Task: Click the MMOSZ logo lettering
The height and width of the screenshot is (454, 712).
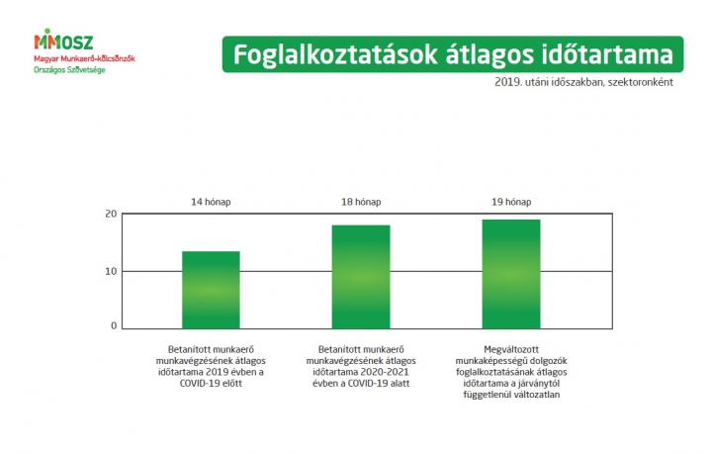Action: [x=63, y=40]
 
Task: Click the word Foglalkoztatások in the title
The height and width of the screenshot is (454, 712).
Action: [x=335, y=55]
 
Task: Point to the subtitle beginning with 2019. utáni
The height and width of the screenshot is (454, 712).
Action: [x=584, y=82]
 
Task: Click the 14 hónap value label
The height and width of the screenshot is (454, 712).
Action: [x=211, y=202]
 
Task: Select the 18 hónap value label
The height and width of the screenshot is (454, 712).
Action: [x=361, y=202]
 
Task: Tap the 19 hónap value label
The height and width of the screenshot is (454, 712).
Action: [x=511, y=202]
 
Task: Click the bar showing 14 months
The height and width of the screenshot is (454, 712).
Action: [x=211, y=290]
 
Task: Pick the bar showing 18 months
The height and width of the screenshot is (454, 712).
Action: [x=361, y=277]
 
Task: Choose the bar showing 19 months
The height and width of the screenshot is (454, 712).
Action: [x=511, y=274]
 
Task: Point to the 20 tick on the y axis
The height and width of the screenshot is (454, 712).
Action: [x=111, y=214]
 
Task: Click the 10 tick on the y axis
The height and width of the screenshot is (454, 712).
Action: [x=111, y=271]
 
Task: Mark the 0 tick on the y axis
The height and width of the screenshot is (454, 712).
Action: [x=114, y=326]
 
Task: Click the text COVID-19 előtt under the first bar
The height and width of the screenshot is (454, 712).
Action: [x=211, y=383]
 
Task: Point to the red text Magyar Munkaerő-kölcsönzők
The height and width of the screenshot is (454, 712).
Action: [x=84, y=58]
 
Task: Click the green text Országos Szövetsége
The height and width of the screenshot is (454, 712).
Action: [x=69, y=70]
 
